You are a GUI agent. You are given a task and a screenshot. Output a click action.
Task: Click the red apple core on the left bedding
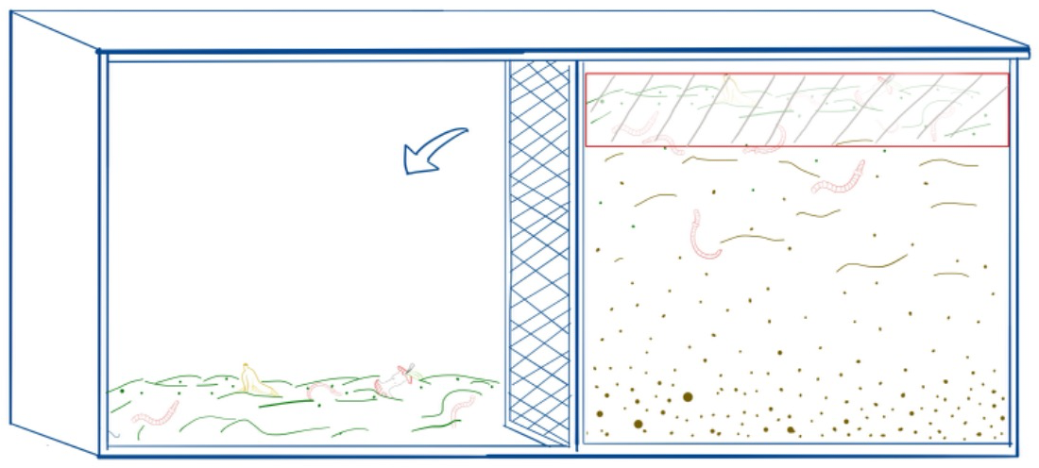point(393,381)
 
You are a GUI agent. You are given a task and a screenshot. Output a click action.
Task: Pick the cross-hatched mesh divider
point(539,255)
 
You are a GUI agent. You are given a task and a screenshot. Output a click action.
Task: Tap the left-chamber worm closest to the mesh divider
point(462,408)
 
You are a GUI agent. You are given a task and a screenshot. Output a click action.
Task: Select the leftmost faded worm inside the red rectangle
point(635,125)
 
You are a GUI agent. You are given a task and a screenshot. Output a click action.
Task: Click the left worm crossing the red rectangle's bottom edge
point(666,142)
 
